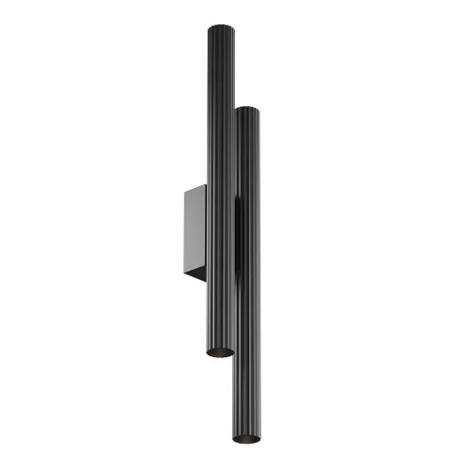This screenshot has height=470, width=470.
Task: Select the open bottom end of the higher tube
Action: pos(216,351)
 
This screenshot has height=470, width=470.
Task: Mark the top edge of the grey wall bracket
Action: pos(195,187)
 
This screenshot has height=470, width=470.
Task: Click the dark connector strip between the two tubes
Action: pos(232,235)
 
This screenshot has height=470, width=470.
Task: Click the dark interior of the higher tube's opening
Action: pos(216,352)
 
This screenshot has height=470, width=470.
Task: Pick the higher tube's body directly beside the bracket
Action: pos(216,235)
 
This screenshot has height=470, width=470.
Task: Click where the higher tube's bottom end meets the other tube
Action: pos(231,350)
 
